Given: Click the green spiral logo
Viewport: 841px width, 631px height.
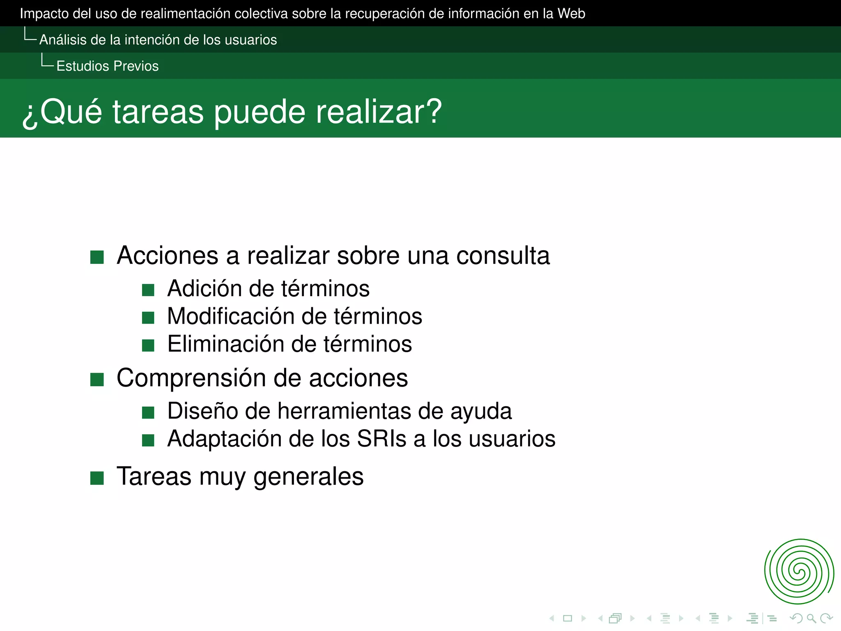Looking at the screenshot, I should (x=799, y=571).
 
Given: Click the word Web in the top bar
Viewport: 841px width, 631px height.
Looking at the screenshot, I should (x=571, y=14).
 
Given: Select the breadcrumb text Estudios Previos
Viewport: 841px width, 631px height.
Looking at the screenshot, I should (x=107, y=66).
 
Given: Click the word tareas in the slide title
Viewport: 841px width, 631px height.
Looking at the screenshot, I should (x=158, y=112).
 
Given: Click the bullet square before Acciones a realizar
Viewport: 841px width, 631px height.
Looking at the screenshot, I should (x=97, y=257).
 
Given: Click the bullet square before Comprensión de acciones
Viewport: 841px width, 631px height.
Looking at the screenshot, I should (x=97, y=380).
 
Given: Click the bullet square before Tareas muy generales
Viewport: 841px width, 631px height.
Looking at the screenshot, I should (x=97, y=478).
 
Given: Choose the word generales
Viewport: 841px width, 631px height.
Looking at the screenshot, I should (x=308, y=477).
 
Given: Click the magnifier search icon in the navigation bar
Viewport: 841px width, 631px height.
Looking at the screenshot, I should (x=811, y=618).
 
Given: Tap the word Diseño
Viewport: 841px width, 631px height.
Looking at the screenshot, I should (x=202, y=411).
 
